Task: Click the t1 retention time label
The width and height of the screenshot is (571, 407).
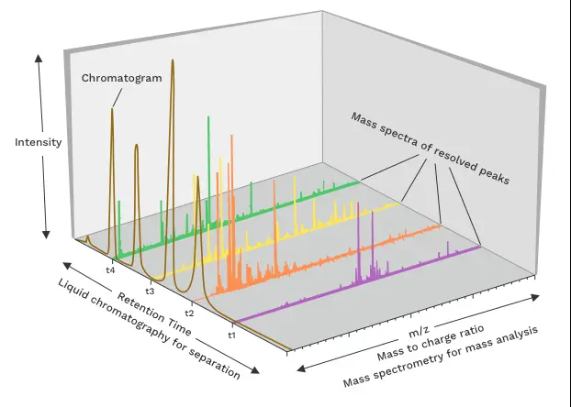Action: [232, 335]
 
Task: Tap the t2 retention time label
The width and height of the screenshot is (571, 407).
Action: [189, 313]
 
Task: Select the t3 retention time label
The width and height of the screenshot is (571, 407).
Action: [150, 291]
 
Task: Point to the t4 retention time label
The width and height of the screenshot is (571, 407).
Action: [110, 269]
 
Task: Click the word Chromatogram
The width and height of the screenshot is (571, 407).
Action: [121, 78]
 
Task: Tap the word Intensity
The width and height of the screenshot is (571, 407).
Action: [39, 142]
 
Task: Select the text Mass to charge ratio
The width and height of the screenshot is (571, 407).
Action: [431, 342]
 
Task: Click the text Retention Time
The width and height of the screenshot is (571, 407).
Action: [154, 313]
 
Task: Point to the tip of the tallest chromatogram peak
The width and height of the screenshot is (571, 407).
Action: [173, 60]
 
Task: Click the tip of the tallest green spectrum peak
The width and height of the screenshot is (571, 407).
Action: [208, 116]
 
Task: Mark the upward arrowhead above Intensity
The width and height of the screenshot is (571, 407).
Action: [39, 58]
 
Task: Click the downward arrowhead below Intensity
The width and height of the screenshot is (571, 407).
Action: [46, 235]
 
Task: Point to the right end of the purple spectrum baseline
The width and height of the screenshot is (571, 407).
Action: [481, 247]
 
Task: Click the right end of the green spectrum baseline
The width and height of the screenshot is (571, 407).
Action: [360, 181]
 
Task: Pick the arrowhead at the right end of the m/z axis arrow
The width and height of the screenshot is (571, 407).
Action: [535, 297]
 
